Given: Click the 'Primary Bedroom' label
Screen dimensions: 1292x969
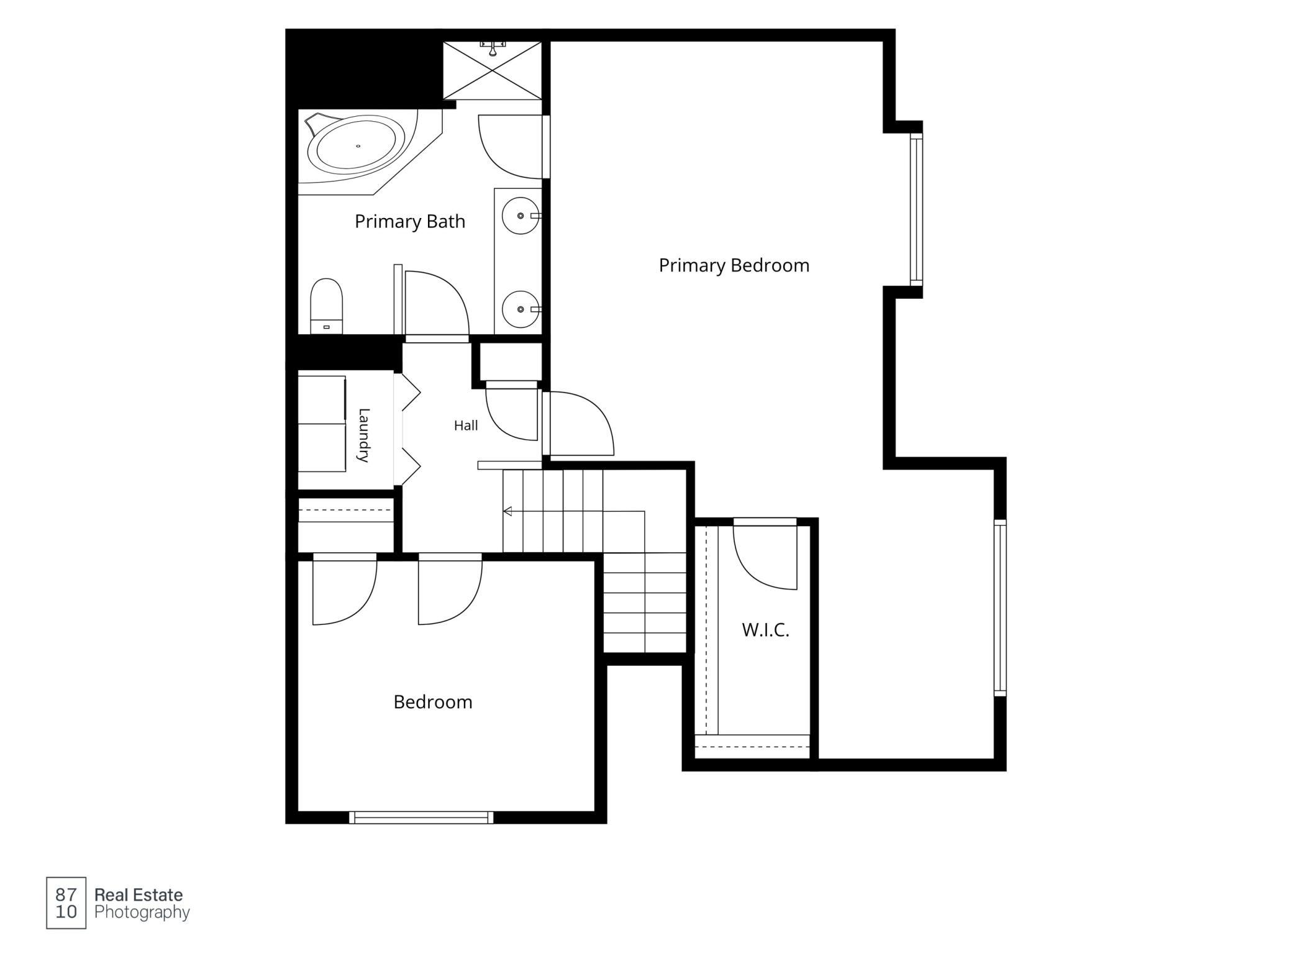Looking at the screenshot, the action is tap(734, 266).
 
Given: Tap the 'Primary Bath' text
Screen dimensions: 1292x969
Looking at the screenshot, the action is tap(410, 222).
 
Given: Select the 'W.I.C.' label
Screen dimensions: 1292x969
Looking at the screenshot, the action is tap(765, 630).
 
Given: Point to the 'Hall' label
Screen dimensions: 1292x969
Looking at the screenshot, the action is tap(466, 425).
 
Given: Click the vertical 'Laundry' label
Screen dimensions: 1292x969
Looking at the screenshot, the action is tap(365, 435).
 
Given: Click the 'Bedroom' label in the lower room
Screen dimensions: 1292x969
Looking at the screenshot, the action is tap(433, 702).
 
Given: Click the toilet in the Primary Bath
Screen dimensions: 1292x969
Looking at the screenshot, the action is tap(327, 306).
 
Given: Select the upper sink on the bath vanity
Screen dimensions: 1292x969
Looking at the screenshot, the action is tap(521, 216).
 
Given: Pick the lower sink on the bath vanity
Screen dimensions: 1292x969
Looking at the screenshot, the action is tap(521, 309).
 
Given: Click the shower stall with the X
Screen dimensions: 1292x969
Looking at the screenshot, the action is tap(493, 70).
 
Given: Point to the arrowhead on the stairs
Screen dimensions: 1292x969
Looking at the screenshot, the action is tap(507, 511).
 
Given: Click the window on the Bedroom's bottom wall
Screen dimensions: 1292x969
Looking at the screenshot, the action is tap(421, 817).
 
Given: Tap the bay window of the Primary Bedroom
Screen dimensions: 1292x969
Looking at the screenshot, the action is tap(916, 209).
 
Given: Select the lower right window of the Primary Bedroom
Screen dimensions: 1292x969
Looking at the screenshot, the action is tap(999, 607).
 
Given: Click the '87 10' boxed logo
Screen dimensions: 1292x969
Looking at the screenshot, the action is tap(66, 903).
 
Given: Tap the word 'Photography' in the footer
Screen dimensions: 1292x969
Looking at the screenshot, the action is tap(142, 912).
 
